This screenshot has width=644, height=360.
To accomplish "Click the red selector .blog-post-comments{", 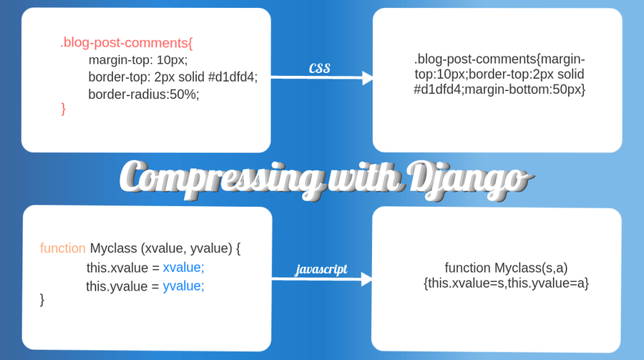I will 127,42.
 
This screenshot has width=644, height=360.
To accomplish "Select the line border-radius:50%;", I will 144,94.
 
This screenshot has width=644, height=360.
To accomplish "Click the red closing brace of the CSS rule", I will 63,108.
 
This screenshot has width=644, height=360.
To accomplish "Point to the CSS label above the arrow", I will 319,68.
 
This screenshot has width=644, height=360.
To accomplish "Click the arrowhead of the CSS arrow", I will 368,78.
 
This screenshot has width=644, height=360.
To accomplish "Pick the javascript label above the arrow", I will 321,269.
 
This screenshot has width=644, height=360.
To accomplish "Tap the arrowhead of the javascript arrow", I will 366,279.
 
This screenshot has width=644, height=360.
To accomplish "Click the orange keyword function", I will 63,248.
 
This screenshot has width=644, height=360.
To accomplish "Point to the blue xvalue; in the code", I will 184,268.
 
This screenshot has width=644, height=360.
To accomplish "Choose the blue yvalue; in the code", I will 184,286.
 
